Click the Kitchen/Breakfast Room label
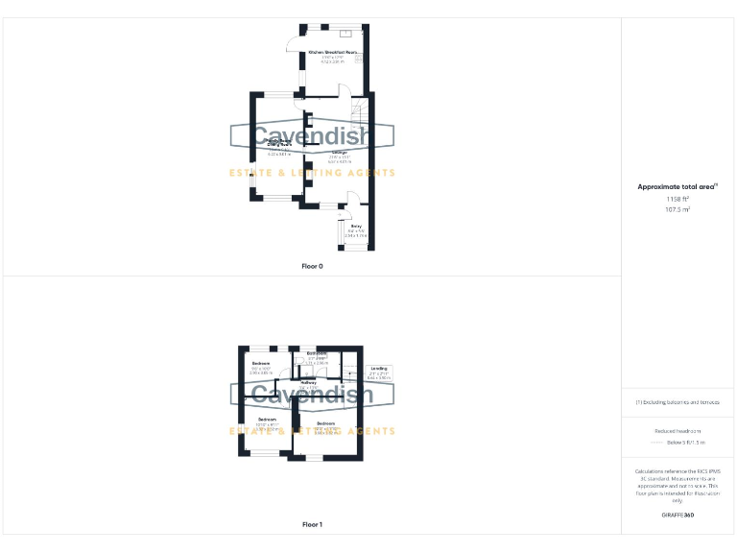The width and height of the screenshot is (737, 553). pyautogui.click(x=332, y=53)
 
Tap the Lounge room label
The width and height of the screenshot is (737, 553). pyautogui.click(x=339, y=153)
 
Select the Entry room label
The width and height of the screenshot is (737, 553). pyautogui.click(x=356, y=228)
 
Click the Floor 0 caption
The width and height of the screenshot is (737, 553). pyautogui.click(x=312, y=266)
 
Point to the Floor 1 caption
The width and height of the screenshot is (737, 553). pyautogui.click(x=312, y=525)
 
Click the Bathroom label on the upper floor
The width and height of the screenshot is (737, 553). pyautogui.click(x=318, y=354)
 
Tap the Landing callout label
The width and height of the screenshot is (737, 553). pyautogui.click(x=379, y=369)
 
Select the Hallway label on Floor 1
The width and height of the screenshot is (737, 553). pyautogui.click(x=308, y=383)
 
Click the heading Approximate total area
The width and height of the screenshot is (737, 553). pyautogui.click(x=678, y=186)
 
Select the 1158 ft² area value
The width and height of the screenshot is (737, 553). pyautogui.click(x=678, y=199)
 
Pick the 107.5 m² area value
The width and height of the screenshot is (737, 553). pyautogui.click(x=678, y=208)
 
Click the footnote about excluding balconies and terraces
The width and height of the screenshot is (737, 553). pyautogui.click(x=678, y=402)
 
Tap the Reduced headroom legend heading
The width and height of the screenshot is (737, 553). pyautogui.click(x=678, y=431)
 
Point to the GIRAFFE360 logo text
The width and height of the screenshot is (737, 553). pyautogui.click(x=678, y=516)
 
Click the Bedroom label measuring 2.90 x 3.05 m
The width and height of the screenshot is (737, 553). pyautogui.click(x=261, y=363)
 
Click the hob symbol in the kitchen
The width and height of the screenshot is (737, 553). pyautogui.click(x=360, y=60)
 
